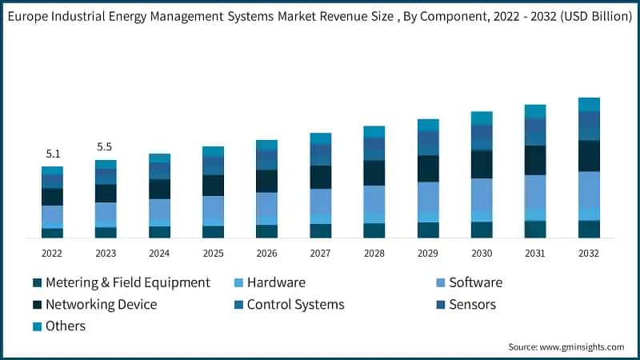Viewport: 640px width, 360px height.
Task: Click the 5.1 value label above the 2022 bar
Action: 52,154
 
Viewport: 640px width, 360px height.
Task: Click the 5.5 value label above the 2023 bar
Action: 106,147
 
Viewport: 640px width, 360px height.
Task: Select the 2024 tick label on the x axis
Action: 159,253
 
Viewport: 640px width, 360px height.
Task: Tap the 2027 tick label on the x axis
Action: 321,253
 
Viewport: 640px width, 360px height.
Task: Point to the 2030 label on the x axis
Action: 482,253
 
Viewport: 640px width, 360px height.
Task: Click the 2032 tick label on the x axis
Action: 589,253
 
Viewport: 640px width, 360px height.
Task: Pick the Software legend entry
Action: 475,282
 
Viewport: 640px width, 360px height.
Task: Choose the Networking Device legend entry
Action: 101,304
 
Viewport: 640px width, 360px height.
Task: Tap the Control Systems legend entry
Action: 295,304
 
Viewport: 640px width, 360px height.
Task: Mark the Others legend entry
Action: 65,326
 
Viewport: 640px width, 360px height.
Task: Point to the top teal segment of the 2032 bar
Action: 589,104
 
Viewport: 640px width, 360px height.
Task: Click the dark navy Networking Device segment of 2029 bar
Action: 428,168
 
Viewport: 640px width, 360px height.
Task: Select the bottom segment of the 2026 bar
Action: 266,231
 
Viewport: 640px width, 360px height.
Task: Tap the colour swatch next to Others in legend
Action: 37,326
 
